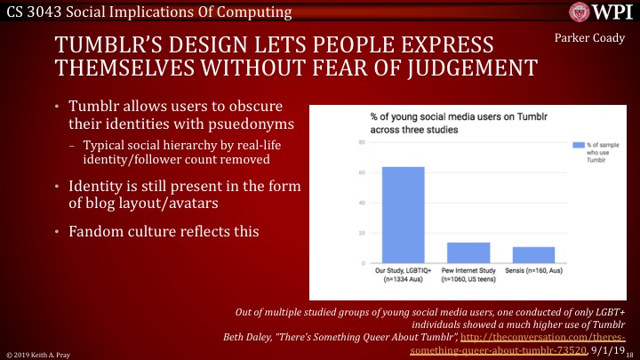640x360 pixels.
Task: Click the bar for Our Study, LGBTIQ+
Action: (x=404, y=215)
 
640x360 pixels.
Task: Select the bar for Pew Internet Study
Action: (x=468, y=252)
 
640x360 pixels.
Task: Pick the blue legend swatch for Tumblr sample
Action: (x=578, y=144)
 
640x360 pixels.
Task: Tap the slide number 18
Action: (x=633, y=354)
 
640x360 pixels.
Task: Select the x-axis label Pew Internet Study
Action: (x=468, y=277)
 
